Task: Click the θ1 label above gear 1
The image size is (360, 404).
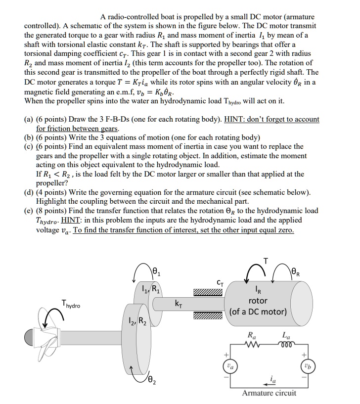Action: (156, 271)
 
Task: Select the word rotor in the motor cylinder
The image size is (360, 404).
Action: (258, 301)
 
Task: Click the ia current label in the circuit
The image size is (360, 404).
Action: (273, 379)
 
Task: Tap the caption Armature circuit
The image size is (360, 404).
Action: (269, 393)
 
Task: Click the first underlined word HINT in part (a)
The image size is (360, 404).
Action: (239, 119)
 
